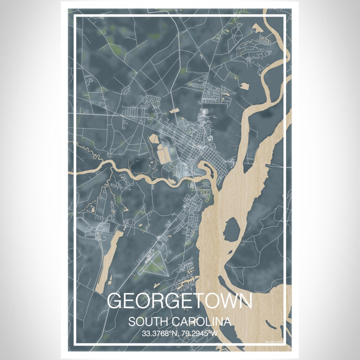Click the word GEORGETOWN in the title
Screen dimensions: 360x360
pos(179,301)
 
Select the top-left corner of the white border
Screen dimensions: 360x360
pos(75,17)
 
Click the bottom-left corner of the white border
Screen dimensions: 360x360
pos(75,343)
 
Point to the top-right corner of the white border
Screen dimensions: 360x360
pos(285,17)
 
